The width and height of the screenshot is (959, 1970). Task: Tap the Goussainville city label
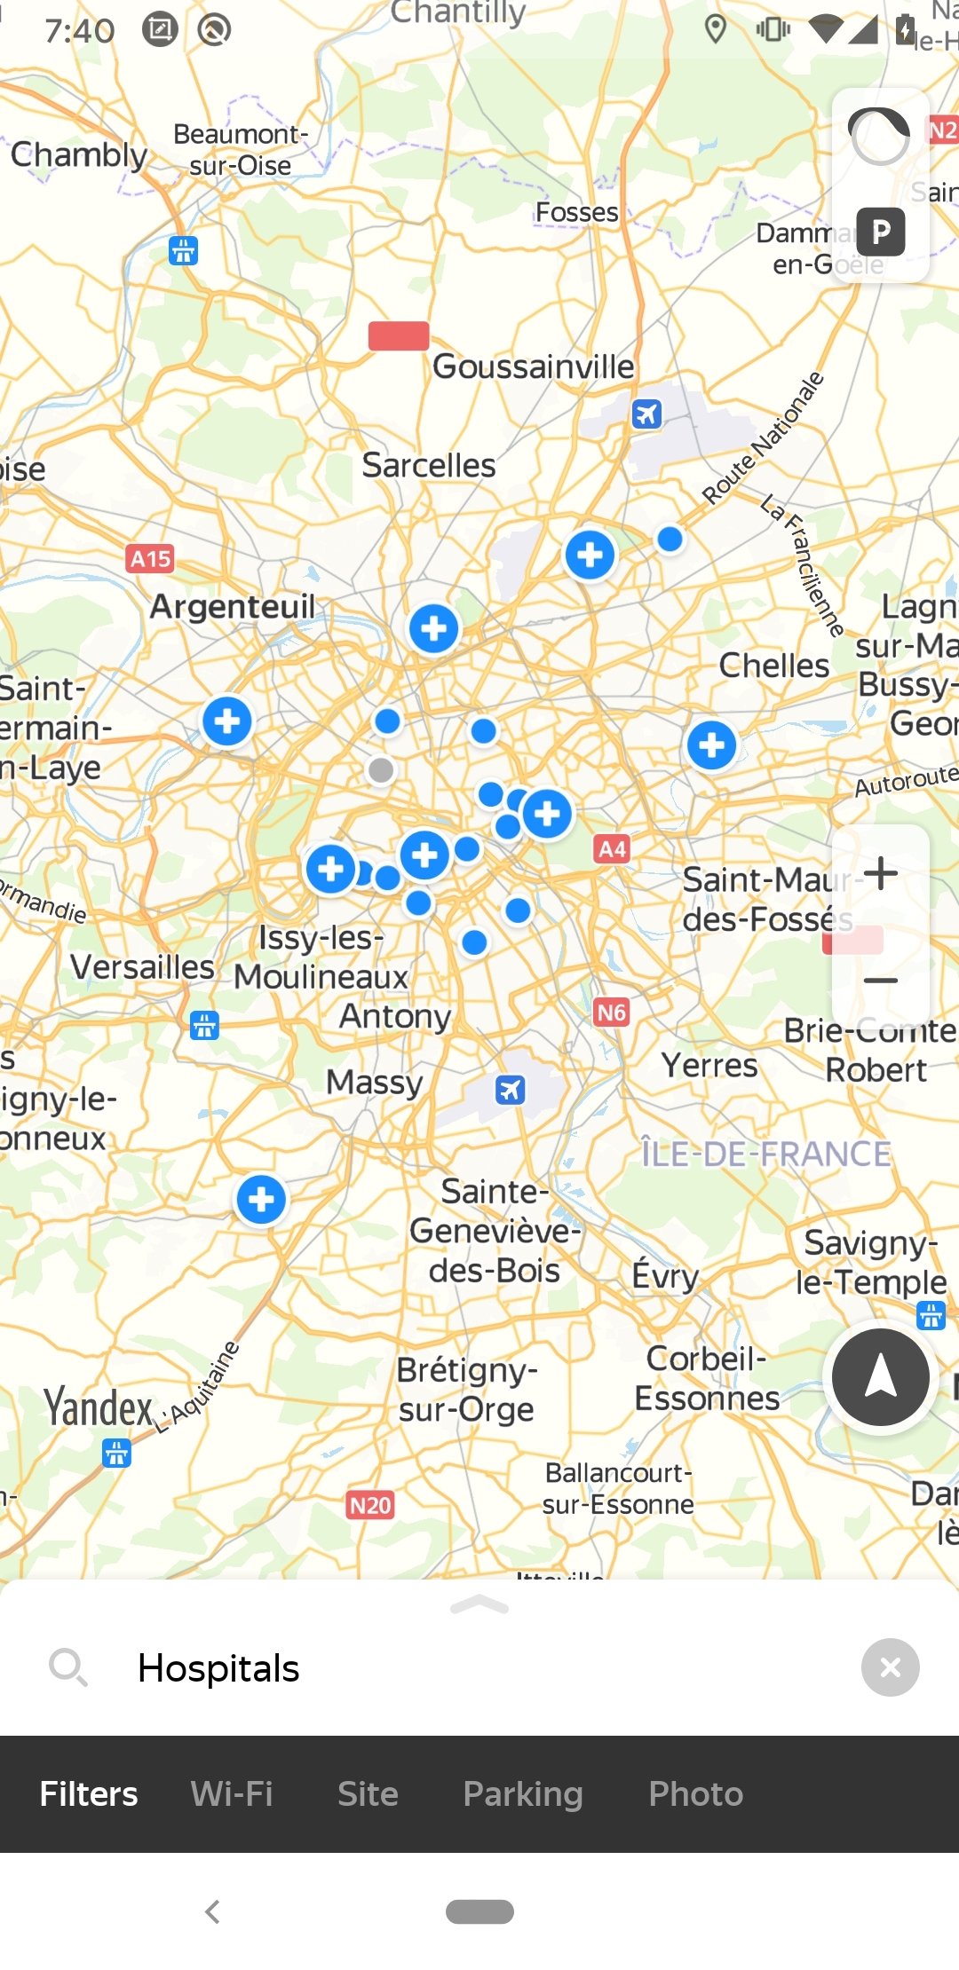coord(533,366)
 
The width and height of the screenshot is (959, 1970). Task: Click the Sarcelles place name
coord(428,465)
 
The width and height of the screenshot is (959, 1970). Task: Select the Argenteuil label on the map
coord(233,607)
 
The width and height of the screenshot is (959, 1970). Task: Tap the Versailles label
coord(143,966)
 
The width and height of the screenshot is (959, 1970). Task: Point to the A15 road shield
coord(150,559)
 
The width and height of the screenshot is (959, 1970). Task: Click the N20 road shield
coord(370,1505)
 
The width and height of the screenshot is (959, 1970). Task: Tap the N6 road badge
coord(612,1013)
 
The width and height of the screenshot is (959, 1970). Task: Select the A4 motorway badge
coord(612,849)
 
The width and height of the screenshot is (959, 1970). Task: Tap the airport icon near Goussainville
coord(646,414)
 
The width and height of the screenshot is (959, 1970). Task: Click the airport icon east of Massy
coord(510,1090)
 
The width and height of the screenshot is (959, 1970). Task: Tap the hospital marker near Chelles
coord(711,745)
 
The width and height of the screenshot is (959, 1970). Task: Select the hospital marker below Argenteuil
coord(227,721)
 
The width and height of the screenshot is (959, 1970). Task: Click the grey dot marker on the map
coord(381,770)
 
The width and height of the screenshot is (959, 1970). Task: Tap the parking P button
coord(881,232)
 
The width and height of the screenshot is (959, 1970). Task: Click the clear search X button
coord(890,1667)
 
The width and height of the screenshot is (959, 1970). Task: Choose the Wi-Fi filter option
coord(232,1793)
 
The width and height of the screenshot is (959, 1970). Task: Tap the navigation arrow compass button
coord(880,1377)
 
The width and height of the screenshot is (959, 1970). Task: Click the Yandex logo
coord(99,1408)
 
